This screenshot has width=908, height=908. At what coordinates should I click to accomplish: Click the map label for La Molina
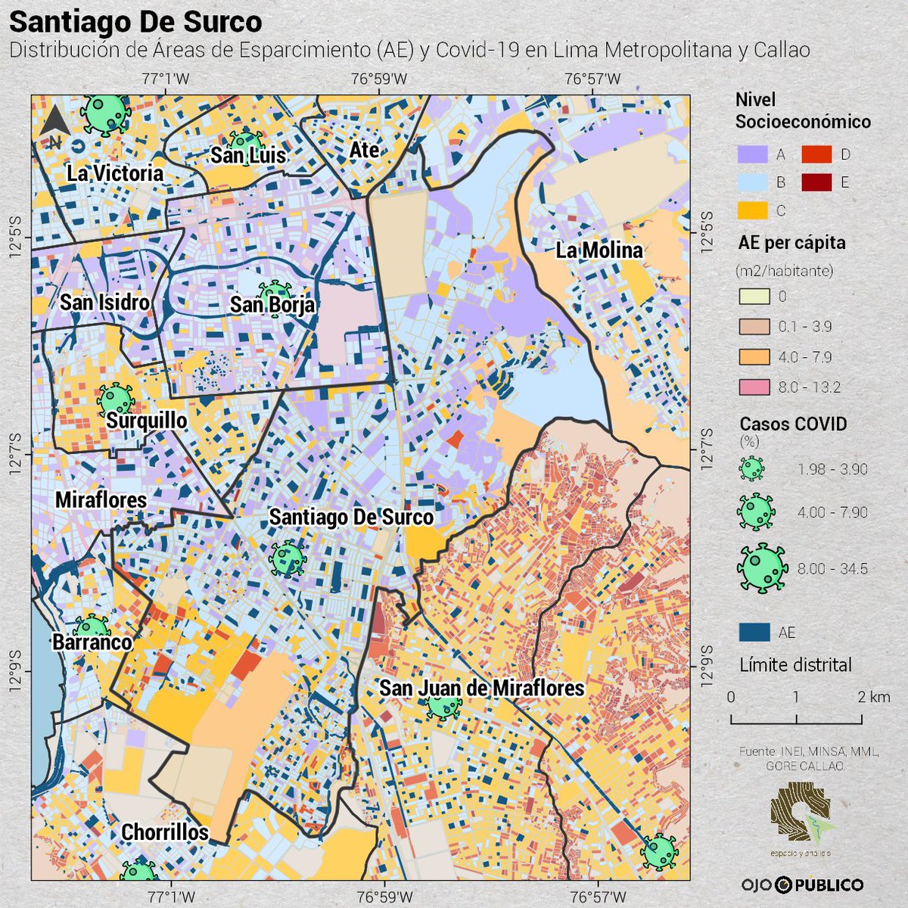click(x=599, y=250)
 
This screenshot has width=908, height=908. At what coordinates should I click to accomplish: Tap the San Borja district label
click(x=272, y=304)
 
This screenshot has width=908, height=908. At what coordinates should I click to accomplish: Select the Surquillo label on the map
click(x=146, y=420)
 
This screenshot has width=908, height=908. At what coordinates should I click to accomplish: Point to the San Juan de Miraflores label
click(x=481, y=688)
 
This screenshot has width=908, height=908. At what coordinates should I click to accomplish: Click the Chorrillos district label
click(x=165, y=832)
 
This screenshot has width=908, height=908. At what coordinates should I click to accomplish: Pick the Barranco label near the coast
click(x=92, y=642)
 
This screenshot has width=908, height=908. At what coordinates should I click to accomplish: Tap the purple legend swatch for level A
click(x=753, y=154)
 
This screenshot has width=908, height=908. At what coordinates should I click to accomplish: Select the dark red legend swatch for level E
click(x=816, y=182)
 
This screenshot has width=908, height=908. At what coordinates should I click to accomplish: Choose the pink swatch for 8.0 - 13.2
click(x=754, y=387)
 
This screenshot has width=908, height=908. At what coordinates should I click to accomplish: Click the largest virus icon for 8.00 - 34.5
click(x=762, y=568)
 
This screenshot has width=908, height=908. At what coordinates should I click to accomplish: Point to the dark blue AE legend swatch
click(x=754, y=632)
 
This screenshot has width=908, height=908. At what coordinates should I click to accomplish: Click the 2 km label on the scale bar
click(x=874, y=697)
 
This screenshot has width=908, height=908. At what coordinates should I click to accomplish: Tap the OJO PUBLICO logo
click(x=802, y=885)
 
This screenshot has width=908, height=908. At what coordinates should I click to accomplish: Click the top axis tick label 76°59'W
click(x=379, y=79)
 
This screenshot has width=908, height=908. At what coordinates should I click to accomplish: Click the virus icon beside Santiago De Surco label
click(x=288, y=558)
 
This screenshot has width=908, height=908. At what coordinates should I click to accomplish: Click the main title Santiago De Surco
click(x=135, y=22)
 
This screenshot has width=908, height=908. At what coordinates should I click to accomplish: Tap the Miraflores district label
click(x=101, y=500)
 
